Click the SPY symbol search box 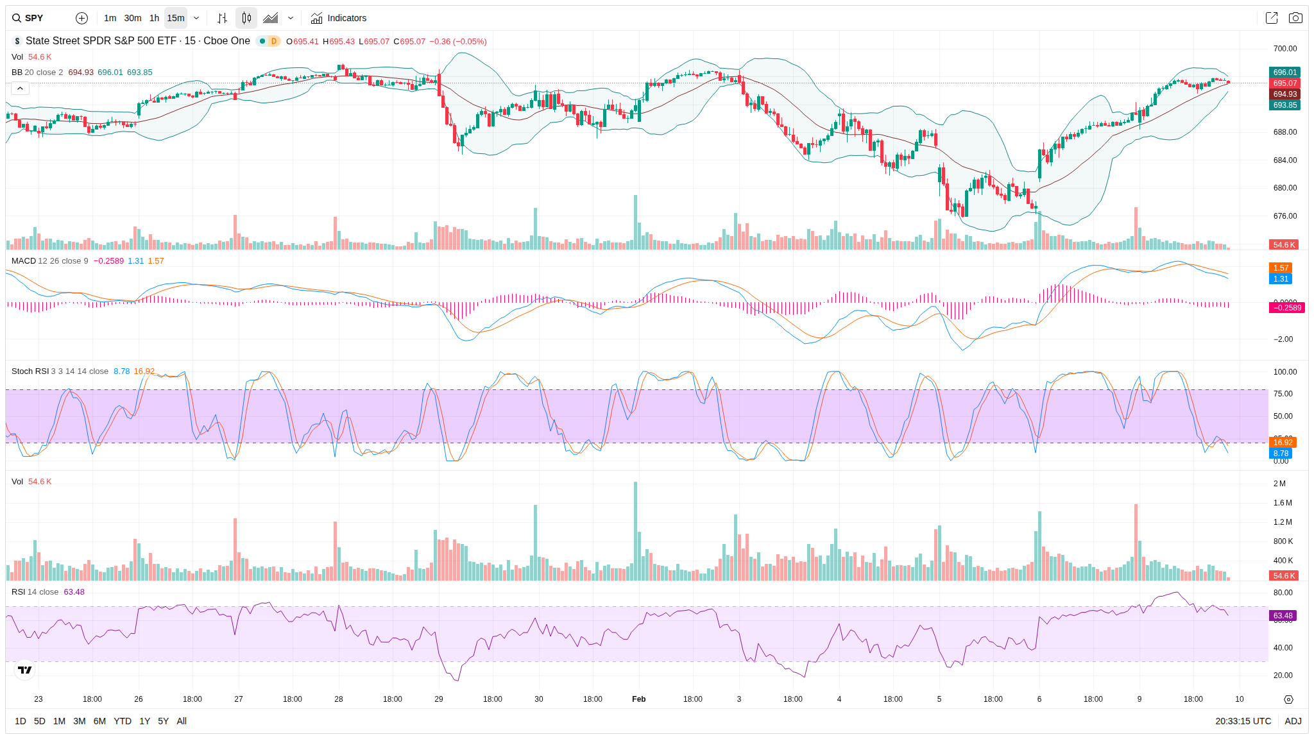[35, 18]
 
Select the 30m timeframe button [133, 18]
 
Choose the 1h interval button [154, 18]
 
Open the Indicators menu [339, 18]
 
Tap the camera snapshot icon [1295, 18]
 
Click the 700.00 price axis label [1285, 49]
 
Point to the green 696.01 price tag [1284, 72]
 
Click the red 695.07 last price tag [1284, 83]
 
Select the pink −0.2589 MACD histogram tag [1286, 308]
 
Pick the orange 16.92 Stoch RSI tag [1283, 443]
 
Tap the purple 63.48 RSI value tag [1283, 616]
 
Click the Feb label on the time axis [638, 699]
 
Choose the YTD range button [122, 721]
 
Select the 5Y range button [163, 721]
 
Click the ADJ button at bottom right [1293, 721]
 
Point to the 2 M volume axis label [1279, 484]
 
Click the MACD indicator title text [24, 261]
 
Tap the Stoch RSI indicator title [30, 371]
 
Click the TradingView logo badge [25, 670]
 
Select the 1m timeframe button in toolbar [110, 18]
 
